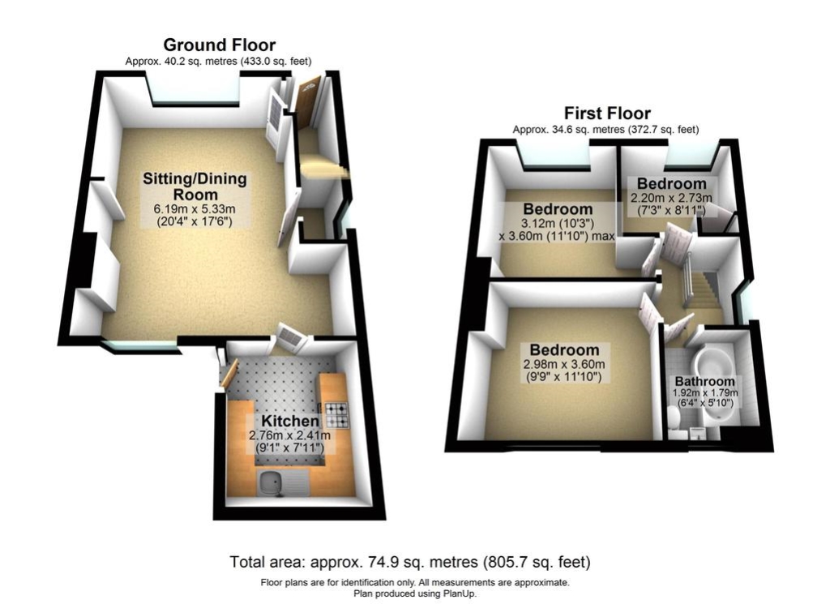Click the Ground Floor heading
219,45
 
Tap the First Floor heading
606,114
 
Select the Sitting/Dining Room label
195,186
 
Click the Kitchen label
290,421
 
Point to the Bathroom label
704,381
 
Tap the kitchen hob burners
336,415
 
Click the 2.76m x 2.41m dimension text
289,435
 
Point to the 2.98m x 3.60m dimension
564,364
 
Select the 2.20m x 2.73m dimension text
671,198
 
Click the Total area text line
409,562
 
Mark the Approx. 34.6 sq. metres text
568,130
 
